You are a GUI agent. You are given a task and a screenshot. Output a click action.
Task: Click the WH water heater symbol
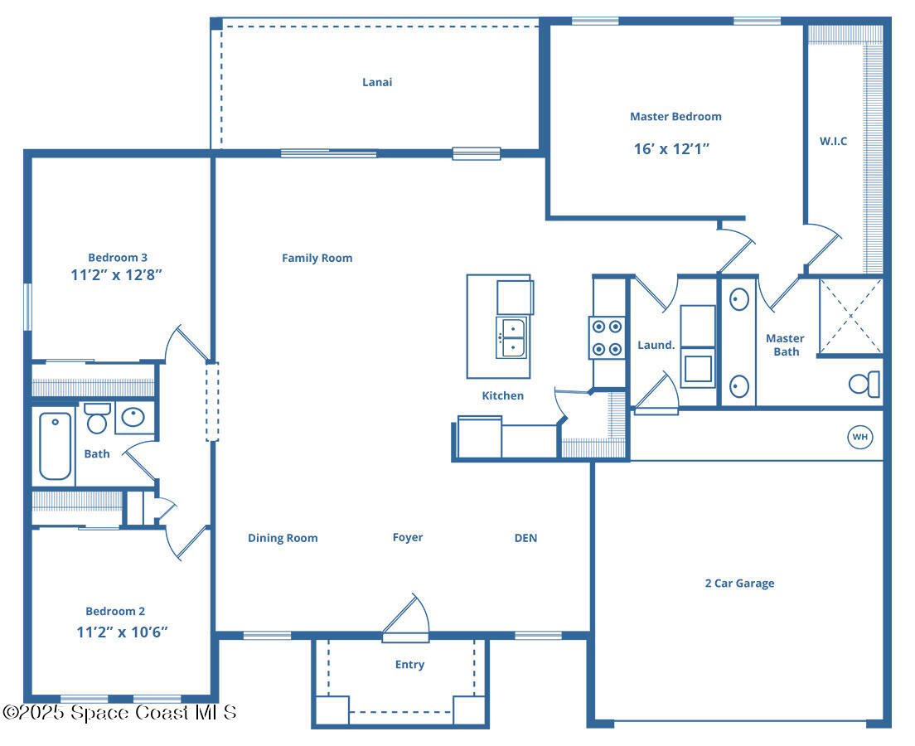[x=859, y=437]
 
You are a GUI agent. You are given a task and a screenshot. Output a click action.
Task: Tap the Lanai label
[x=377, y=82]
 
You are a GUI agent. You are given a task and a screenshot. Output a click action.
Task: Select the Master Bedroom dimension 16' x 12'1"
[x=671, y=149]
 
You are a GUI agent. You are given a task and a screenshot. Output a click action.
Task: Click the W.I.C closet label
[x=833, y=141]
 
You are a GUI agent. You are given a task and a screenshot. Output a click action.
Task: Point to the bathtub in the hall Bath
[x=56, y=447]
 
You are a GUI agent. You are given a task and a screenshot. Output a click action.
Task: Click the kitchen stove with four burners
[x=606, y=338]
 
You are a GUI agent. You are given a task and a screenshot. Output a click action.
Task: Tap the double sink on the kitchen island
[x=513, y=338]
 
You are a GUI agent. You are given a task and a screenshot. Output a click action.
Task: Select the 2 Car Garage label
[x=739, y=584]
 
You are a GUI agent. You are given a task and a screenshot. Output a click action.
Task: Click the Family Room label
[x=317, y=258]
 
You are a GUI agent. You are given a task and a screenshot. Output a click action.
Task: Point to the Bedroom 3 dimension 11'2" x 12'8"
[x=117, y=274]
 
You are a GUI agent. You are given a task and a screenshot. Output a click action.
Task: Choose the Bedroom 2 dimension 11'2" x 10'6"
[x=122, y=632]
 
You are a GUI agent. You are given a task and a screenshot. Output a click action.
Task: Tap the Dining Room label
[x=283, y=538]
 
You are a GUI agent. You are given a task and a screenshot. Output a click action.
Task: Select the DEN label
[x=525, y=538]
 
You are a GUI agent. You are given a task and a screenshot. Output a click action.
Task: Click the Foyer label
[x=408, y=538]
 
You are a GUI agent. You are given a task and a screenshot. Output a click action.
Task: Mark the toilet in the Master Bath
[x=865, y=384]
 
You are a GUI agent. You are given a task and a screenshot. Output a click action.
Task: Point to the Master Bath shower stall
[x=850, y=316]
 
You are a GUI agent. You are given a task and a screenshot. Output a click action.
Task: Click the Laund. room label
[x=656, y=345]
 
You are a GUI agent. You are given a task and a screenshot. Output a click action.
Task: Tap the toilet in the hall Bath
[x=97, y=419]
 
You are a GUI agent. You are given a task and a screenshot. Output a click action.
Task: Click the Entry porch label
[x=409, y=665]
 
